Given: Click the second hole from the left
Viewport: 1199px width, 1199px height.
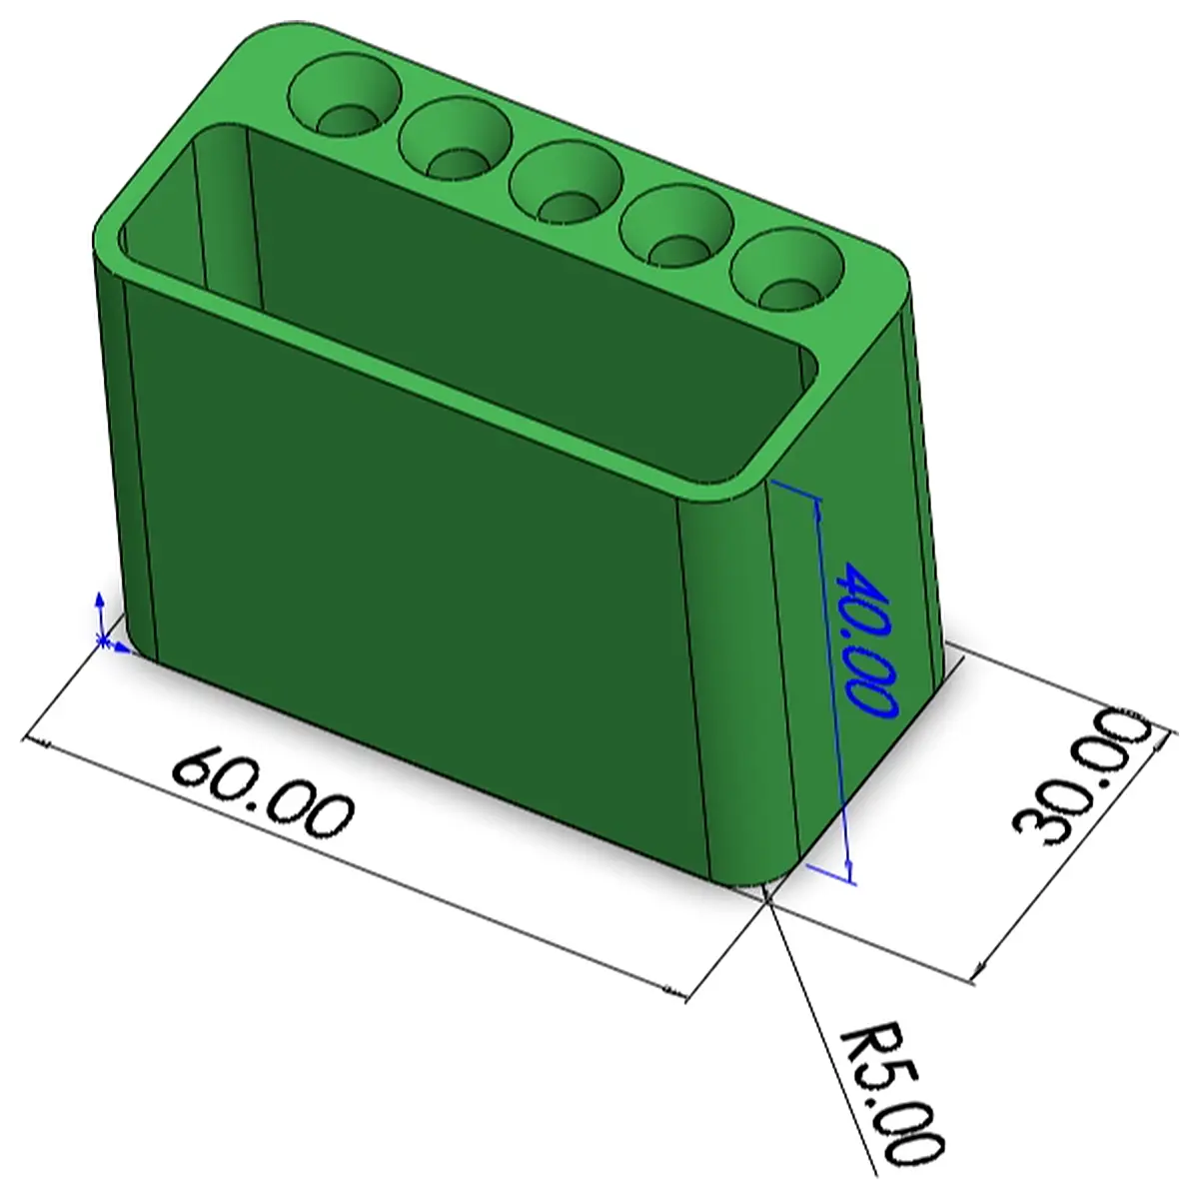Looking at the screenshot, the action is pos(456,139).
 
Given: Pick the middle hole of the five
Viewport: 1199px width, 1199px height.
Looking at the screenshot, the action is pos(566,183).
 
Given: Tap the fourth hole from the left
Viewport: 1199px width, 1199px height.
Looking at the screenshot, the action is pos(676,226).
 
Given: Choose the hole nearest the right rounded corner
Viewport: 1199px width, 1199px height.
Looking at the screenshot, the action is pos(787,270).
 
